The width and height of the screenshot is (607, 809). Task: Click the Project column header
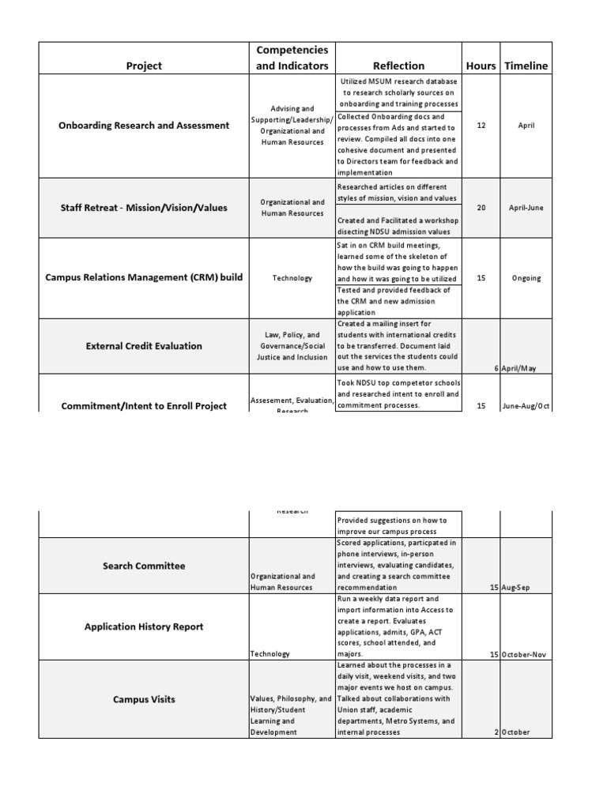(144, 66)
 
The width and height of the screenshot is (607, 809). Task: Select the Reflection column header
(398, 66)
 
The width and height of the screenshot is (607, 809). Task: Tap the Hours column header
(481, 66)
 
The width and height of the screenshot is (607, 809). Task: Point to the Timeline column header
(526, 66)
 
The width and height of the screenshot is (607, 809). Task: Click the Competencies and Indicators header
(292, 58)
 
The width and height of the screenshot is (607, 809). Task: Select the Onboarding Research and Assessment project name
(144, 125)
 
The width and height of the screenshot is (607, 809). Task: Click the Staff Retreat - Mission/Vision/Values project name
(144, 208)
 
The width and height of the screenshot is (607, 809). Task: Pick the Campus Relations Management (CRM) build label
(144, 278)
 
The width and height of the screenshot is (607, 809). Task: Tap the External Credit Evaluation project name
(144, 345)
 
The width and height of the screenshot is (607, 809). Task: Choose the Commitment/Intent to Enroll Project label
(144, 405)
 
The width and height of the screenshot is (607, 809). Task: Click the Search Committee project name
(144, 566)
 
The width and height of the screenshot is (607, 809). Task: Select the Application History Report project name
(144, 627)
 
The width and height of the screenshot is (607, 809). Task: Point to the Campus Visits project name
(144, 699)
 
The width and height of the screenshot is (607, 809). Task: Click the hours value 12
(481, 125)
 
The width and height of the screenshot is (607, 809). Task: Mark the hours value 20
(481, 208)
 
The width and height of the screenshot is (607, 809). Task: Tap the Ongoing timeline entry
(526, 278)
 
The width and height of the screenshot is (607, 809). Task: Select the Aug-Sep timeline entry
(518, 587)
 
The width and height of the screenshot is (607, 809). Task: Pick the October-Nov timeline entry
(526, 654)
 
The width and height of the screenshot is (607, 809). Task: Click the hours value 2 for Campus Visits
(496, 732)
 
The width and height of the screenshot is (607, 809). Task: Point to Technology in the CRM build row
(292, 278)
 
